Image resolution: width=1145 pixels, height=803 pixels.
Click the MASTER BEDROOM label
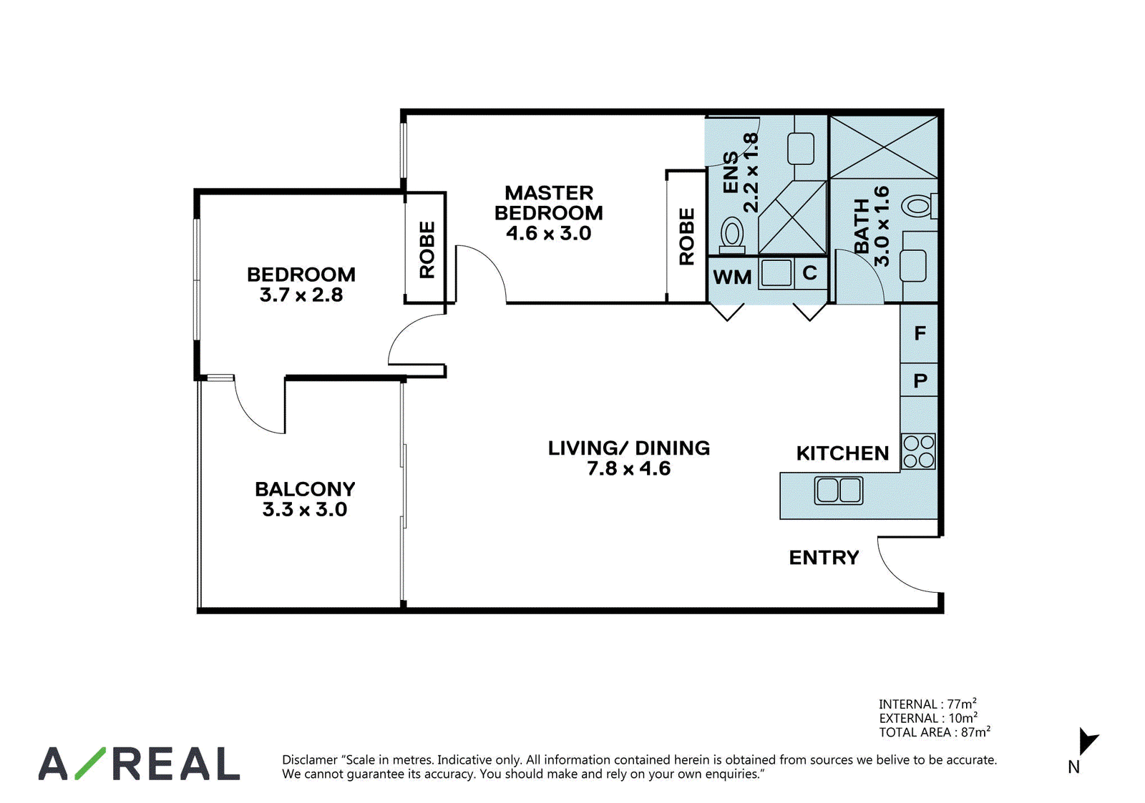click(x=548, y=203)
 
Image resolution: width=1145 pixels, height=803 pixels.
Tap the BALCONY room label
click(x=305, y=489)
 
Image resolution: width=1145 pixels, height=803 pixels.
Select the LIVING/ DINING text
click(x=629, y=448)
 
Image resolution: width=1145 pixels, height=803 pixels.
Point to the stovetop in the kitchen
click(x=919, y=452)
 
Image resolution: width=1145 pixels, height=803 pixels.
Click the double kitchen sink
click(x=838, y=491)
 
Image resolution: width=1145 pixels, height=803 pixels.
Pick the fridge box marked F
click(x=919, y=333)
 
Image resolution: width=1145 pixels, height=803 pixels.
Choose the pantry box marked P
click(x=919, y=380)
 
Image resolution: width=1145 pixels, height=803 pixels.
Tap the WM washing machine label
click(x=732, y=277)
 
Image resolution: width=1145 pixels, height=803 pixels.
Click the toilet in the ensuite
click(x=732, y=236)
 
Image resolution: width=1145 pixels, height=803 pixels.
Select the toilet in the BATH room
click(x=920, y=207)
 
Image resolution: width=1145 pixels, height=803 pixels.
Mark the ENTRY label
click(x=824, y=557)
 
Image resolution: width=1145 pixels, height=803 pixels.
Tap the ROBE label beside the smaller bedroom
click(x=427, y=250)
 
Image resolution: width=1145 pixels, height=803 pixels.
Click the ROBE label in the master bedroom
click(x=686, y=237)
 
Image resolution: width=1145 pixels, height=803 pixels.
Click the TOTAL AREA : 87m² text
click(x=935, y=732)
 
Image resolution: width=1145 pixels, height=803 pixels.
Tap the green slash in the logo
click(x=90, y=763)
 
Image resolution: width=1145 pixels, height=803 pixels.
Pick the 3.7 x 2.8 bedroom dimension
click(x=301, y=295)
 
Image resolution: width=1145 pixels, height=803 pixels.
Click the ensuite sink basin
click(x=801, y=148)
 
